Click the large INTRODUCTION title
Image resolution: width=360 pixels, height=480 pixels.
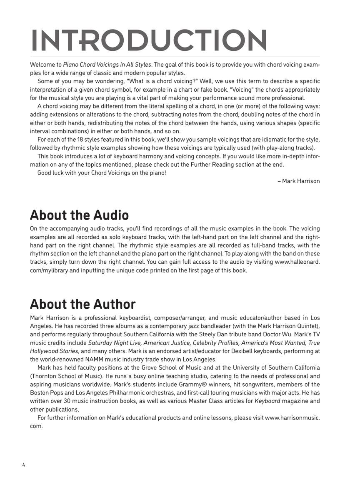coord(149,40)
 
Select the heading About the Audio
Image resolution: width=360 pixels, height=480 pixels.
coord(79,215)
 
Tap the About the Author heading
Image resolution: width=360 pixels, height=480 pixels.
coord(82,304)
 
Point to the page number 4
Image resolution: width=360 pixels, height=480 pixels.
coord(24,465)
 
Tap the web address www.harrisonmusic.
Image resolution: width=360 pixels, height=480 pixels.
coord(292,417)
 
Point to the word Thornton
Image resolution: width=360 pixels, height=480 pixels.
coord(46,376)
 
